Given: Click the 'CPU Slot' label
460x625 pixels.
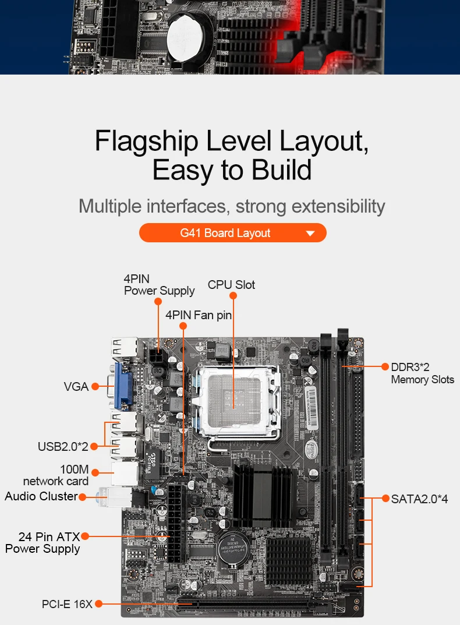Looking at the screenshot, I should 231,285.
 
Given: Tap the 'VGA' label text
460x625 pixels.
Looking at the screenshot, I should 76,386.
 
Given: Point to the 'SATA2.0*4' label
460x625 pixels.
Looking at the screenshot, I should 419,499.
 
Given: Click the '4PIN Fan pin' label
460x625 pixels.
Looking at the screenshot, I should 199,315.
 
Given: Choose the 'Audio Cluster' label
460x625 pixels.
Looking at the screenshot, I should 41,496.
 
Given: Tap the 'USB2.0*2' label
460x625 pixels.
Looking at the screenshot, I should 63,447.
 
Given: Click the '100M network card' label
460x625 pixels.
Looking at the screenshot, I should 56,475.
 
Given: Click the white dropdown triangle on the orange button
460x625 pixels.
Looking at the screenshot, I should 310,234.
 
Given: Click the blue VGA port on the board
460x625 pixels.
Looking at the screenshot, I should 124,385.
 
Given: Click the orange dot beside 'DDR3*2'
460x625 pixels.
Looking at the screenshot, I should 385,366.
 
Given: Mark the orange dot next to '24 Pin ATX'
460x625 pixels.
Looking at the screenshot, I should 85,536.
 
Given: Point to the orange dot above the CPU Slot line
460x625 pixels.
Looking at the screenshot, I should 233,295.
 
